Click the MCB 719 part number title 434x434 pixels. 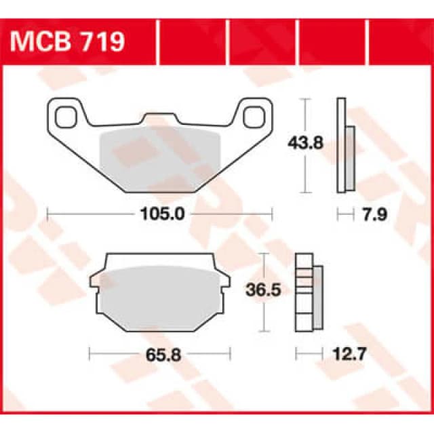pos(68,42)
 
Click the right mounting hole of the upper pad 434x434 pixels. pos(254,115)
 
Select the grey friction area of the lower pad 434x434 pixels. pos(154,296)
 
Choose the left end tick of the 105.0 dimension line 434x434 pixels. pos(47,215)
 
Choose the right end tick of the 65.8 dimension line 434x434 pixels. pos(231,353)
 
